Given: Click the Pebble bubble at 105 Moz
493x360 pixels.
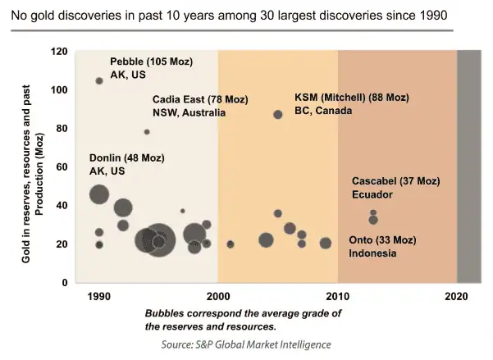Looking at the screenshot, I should click(99, 81).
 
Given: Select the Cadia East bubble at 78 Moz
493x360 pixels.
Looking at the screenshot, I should click(147, 132).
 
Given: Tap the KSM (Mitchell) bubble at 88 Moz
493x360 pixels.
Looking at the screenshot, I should click(278, 115).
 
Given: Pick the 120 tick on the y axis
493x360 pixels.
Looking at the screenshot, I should click(60, 51).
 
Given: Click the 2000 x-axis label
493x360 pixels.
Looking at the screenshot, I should click(217, 296).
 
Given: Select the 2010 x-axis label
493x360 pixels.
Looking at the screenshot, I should click(337, 296).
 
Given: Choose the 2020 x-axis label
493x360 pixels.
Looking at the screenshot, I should click(457, 296).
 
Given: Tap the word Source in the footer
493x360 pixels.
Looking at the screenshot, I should click(180, 344).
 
